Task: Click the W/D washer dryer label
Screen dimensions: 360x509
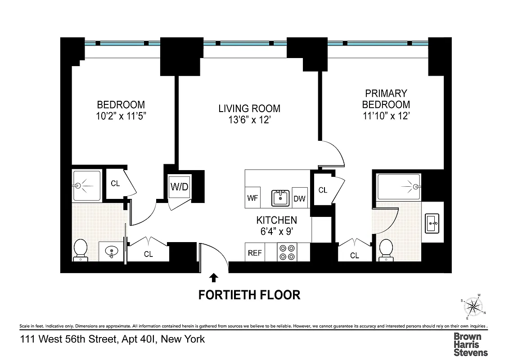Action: (x=179, y=187)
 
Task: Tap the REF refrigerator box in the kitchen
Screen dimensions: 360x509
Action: (x=255, y=253)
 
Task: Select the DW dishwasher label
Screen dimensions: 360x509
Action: (x=299, y=198)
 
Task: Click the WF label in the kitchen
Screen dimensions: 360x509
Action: (x=252, y=198)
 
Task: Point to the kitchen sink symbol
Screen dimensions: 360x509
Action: (x=279, y=198)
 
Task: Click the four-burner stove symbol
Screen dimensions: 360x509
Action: (x=287, y=252)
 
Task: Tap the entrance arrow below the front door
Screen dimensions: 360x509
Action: (x=214, y=278)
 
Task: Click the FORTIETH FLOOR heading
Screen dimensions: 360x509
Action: (x=249, y=295)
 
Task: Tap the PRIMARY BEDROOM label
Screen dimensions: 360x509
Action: (x=386, y=99)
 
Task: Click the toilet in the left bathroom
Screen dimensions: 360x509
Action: (x=80, y=250)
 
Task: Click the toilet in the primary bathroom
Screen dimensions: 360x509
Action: (x=386, y=250)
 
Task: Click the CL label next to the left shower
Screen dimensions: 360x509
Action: (x=116, y=184)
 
